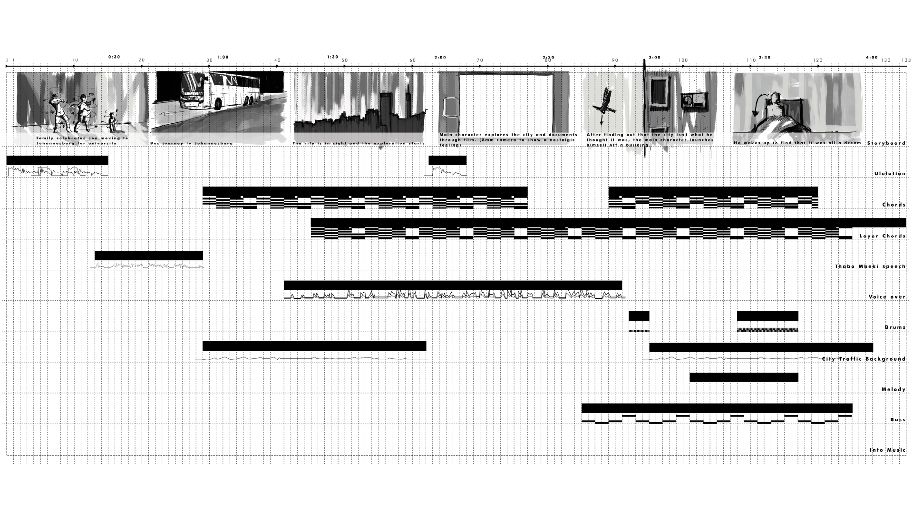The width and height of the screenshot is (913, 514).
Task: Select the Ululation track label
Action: (890, 174)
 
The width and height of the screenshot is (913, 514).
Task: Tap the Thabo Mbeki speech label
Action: (870, 267)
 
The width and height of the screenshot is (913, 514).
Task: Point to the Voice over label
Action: (887, 297)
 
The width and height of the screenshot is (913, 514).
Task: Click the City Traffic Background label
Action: (864, 359)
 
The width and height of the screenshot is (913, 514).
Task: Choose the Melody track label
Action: (894, 390)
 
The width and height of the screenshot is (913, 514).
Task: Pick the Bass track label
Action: (898, 420)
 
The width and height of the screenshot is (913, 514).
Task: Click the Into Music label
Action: (887, 450)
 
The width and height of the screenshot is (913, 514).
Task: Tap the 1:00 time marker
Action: (223, 57)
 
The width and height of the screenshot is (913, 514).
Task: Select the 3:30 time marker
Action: (765, 57)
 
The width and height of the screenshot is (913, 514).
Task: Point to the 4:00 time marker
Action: (872, 57)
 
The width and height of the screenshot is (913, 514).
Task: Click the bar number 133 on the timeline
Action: (906, 60)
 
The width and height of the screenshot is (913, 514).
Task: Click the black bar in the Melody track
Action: (744, 377)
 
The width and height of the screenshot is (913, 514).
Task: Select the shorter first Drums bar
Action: (639, 316)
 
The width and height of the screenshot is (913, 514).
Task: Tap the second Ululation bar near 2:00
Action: (447, 160)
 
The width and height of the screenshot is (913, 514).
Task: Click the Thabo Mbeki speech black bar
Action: (149, 256)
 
